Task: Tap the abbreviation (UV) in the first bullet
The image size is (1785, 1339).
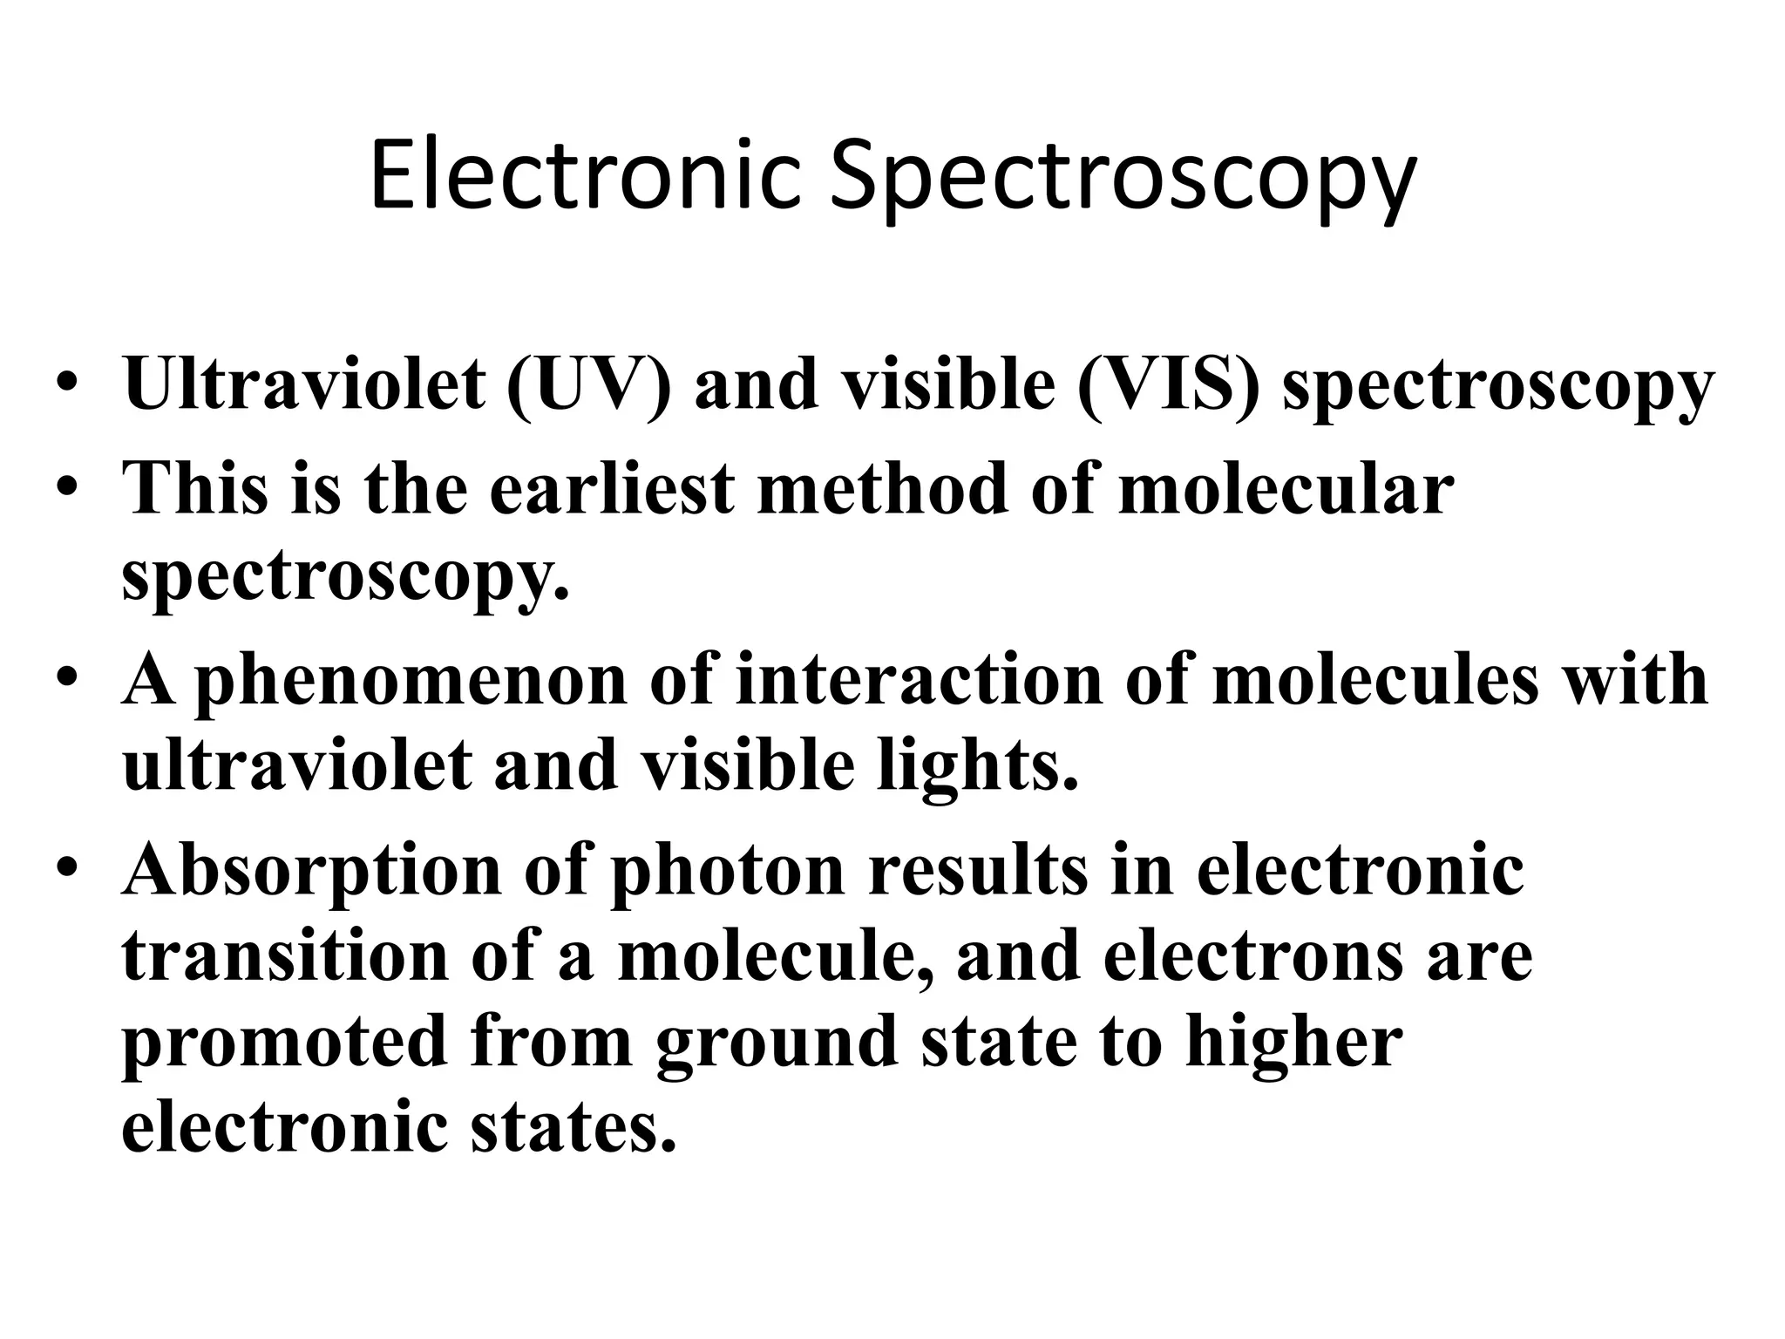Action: pos(589,384)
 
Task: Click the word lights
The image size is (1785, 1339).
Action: pos(977,765)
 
